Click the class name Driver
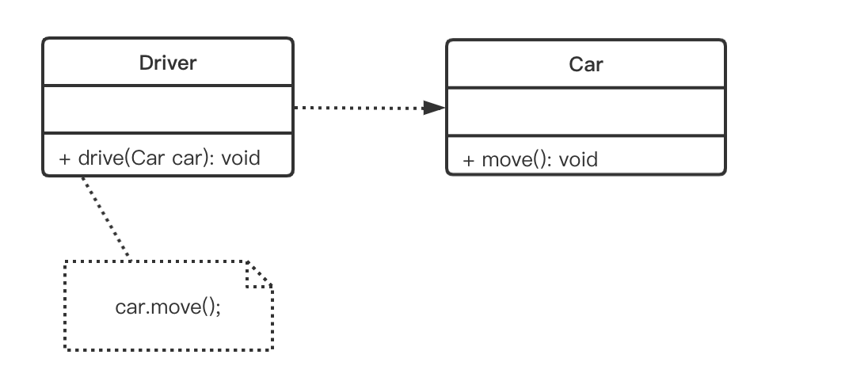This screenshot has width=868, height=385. (168, 63)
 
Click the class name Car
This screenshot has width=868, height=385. (586, 64)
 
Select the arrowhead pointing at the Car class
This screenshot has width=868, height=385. (434, 108)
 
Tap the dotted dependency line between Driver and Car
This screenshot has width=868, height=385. (356, 108)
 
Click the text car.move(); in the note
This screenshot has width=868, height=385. (168, 306)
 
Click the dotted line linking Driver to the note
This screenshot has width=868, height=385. (105, 217)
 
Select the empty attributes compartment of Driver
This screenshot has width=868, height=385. (168, 109)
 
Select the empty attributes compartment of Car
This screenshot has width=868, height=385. (586, 112)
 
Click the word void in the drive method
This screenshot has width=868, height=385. (240, 158)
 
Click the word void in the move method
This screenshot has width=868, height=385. (578, 160)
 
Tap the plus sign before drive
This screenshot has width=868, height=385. (65, 158)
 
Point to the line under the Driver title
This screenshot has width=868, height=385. (168, 85)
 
